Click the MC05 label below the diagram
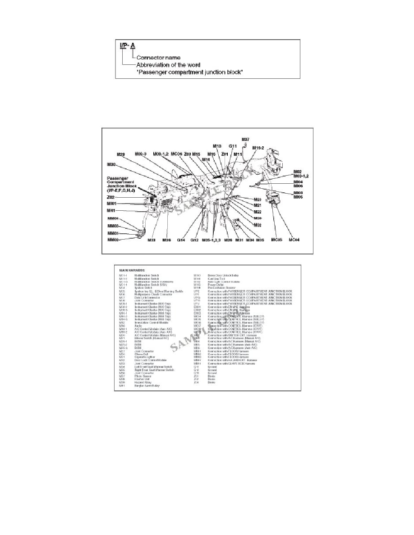click(276, 240)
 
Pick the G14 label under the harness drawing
click(181, 240)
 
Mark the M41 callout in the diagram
click(111, 210)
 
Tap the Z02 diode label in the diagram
click(110, 197)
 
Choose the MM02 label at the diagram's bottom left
click(113, 240)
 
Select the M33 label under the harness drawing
click(152, 240)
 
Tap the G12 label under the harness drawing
click(194, 240)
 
